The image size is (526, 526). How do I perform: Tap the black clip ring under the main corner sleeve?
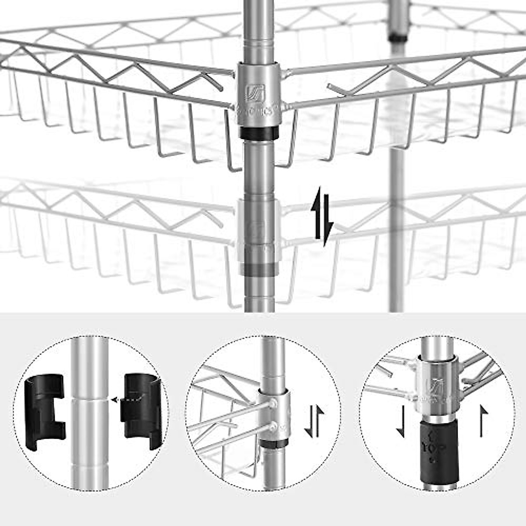(259, 133)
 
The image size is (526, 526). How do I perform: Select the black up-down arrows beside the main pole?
(322, 217)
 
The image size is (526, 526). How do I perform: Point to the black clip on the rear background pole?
(398, 36)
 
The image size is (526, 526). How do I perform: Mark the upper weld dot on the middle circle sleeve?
(273, 402)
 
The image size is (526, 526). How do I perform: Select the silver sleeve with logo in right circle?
(436, 386)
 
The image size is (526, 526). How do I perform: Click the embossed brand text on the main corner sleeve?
(259, 112)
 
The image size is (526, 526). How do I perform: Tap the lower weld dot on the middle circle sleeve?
(274, 425)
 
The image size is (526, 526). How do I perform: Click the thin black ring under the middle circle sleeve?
(272, 444)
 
